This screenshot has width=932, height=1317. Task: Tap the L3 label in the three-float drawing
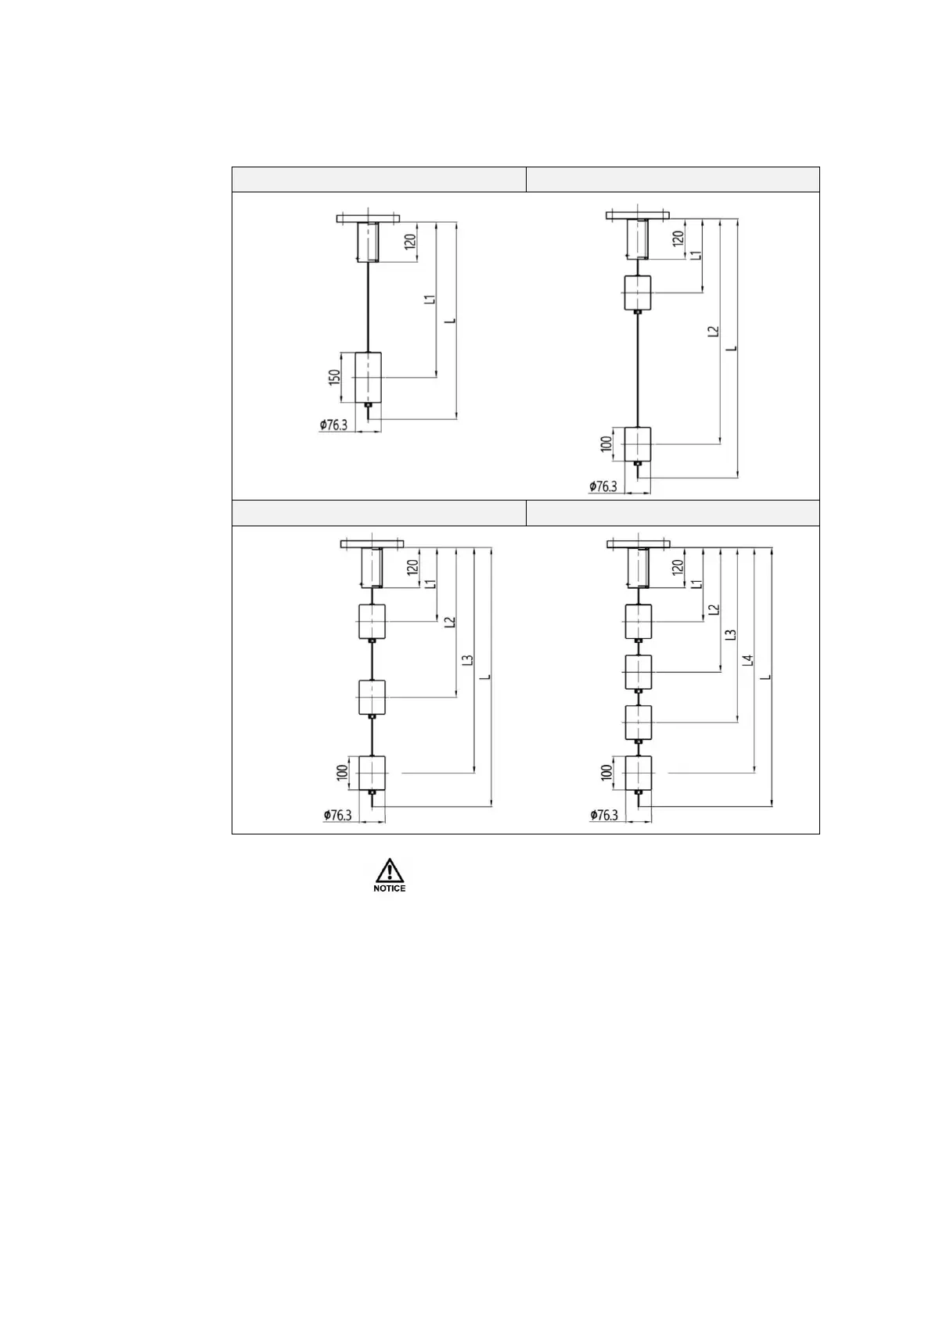(467, 660)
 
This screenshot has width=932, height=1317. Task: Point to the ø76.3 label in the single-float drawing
(333, 425)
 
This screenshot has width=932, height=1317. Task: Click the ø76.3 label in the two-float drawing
(603, 486)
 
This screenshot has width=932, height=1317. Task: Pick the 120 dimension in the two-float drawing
(678, 236)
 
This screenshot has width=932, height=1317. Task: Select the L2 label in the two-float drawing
(712, 332)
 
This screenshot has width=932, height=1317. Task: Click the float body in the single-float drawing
(368, 377)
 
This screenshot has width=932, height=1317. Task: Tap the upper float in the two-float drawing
(638, 293)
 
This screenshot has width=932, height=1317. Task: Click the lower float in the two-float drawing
(638, 443)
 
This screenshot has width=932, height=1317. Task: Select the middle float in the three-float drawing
(372, 697)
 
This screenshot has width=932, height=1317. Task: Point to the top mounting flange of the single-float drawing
(368, 217)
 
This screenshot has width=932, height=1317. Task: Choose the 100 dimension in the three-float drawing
(341, 773)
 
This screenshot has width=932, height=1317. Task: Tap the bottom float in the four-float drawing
(638, 773)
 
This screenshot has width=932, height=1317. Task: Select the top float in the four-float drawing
(638, 622)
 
